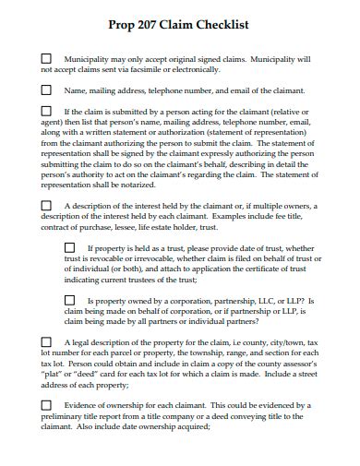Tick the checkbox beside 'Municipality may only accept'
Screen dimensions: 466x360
click(46, 57)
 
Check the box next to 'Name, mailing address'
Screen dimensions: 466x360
click(46, 90)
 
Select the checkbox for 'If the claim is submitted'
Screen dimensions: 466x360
click(46, 111)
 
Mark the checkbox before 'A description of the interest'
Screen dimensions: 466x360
click(46, 205)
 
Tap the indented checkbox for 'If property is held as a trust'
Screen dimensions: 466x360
click(69, 247)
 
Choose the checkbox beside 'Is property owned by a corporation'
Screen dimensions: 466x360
click(69, 300)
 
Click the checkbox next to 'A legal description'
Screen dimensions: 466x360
click(46, 341)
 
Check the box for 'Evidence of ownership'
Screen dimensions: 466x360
click(46, 405)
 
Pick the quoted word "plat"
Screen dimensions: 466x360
click(54, 375)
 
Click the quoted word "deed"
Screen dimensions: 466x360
click(90, 375)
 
